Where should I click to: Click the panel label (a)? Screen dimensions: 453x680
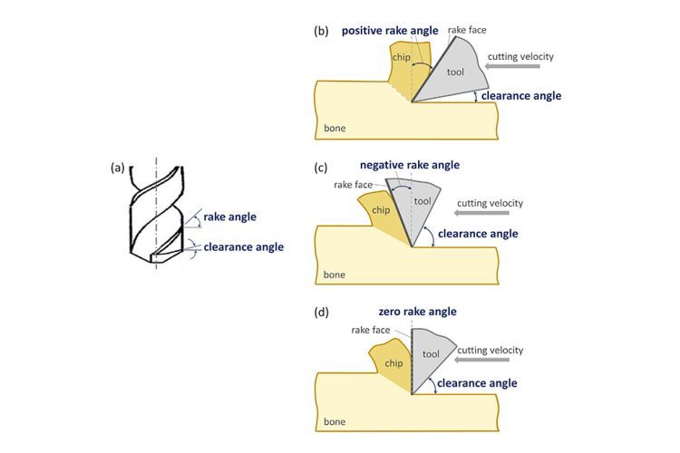tap(118, 169)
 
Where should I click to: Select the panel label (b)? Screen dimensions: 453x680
tap(321, 30)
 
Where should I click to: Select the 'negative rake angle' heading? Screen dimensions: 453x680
tap(410, 165)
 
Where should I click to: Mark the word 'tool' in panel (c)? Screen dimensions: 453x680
tap(423, 201)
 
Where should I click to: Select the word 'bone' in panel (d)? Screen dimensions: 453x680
tap(335, 421)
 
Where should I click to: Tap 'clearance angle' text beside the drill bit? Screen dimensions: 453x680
tap(244, 246)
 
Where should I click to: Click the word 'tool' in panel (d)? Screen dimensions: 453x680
tap(432, 353)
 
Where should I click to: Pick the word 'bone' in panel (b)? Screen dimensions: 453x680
tap(335, 130)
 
